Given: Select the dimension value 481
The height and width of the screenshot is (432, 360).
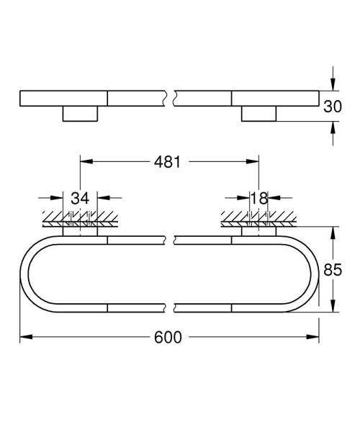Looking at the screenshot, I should (x=168, y=162).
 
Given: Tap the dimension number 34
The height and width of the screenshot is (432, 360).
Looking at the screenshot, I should (x=80, y=198).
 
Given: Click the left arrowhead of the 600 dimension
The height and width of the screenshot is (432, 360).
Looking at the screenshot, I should (x=24, y=336).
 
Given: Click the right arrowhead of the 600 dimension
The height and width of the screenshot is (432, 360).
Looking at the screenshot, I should (x=315, y=336).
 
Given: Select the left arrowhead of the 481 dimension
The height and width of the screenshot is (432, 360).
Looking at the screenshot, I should (x=84, y=162).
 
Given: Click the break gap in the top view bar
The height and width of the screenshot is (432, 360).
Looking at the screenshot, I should (x=172, y=98).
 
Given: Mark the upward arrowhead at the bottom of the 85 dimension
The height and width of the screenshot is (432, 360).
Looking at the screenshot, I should (x=333, y=308).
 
